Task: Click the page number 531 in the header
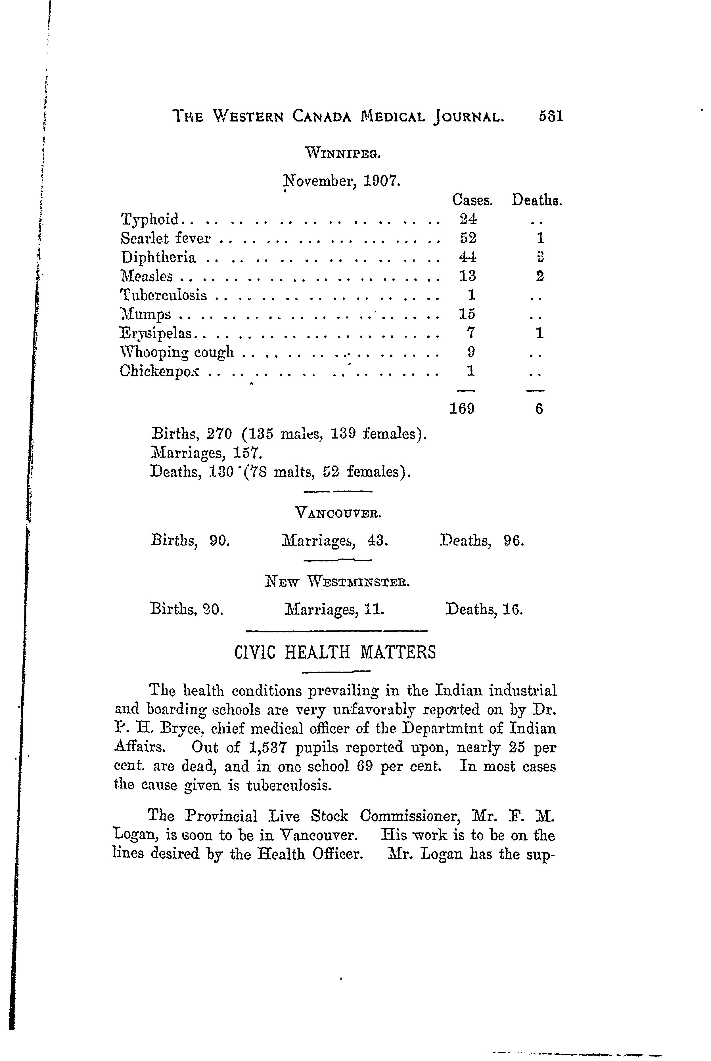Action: click(x=551, y=117)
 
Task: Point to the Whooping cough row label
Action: click(x=177, y=353)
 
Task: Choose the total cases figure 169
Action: click(x=462, y=409)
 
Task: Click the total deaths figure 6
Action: click(x=539, y=409)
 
